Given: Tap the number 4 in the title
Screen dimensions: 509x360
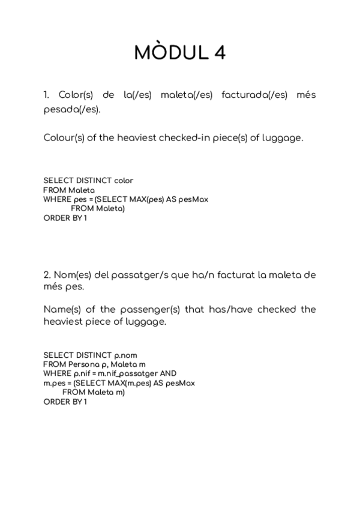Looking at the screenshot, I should coord(218,53).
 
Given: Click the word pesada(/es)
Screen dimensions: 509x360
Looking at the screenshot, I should coord(71,109).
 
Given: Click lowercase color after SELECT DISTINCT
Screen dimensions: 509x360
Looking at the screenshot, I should coord(124,180).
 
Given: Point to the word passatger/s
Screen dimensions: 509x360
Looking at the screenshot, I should coord(137,275).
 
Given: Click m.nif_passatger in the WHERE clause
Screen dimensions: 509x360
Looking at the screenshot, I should coord(127,373).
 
